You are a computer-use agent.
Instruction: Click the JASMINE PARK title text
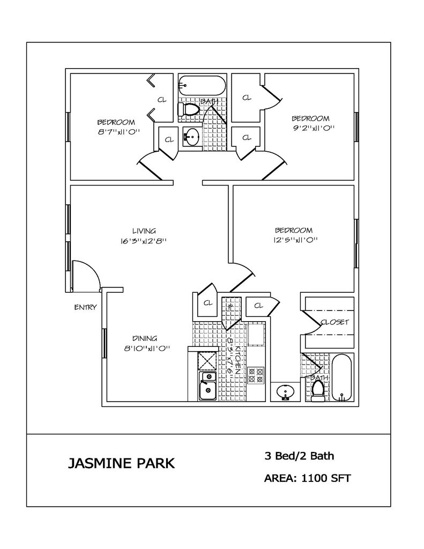tap(121, 463)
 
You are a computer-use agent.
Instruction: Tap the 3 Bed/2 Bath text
tap(299, 456)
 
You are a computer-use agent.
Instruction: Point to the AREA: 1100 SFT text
tap(308, 478)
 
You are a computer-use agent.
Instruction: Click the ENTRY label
tap(85, 307)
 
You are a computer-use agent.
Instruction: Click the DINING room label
tap(145, 338)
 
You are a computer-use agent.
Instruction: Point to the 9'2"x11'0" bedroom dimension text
tap(310, 128)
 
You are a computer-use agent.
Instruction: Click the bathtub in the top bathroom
tap(202, 85)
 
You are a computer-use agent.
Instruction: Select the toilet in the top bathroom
tap(188, 109)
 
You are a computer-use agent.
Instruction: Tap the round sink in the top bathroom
tap(190, 137)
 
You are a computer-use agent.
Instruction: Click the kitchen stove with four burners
tap(256, 375)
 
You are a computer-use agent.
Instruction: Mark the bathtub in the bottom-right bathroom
tap(341, 378)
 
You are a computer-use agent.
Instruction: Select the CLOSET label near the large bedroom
tap(335, 322)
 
